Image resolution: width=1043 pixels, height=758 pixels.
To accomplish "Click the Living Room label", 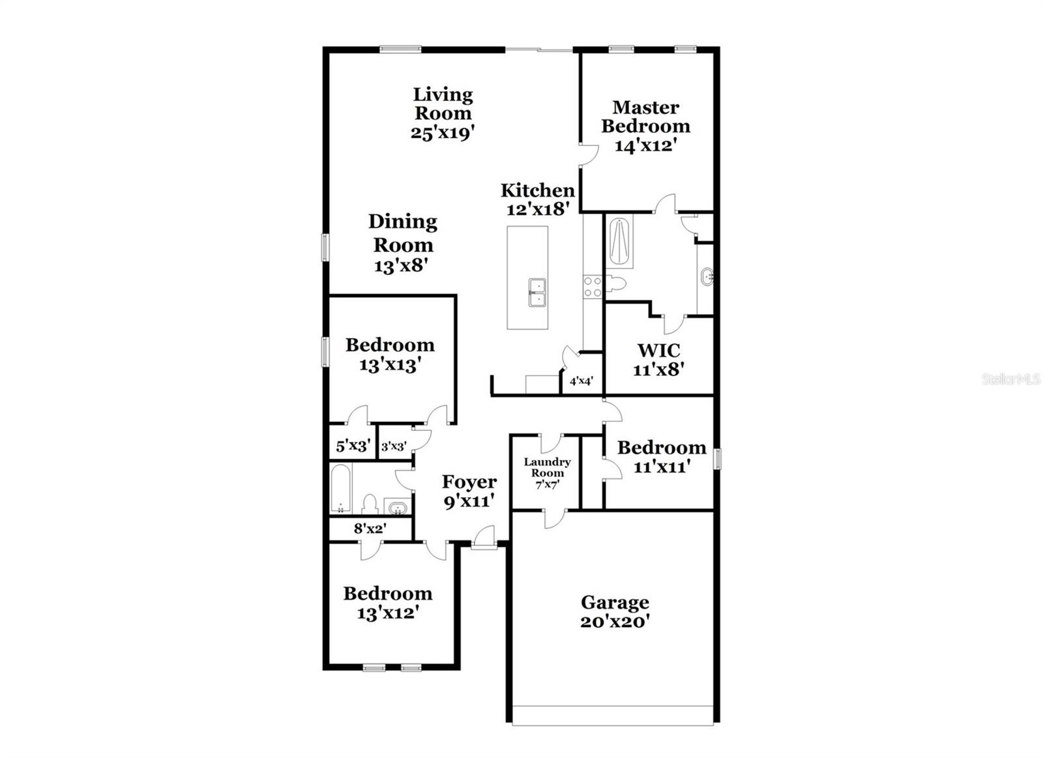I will tap(443, 104).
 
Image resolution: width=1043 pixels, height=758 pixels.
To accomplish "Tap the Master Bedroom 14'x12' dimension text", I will tap(643, 145).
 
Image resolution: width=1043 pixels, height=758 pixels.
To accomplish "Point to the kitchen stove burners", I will tap(593, 287).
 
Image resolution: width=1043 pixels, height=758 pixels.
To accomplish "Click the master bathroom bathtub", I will tap(619, 242).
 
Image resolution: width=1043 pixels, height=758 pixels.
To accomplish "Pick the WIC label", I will tap(658, 351).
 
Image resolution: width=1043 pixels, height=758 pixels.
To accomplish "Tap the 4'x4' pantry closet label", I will tap(581, 381).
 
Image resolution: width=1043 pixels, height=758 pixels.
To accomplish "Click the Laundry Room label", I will tap(547, 467).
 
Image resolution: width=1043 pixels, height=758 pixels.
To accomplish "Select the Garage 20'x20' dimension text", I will tap(614, 622).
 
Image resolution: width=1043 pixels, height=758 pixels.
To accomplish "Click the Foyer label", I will tap(469, 482).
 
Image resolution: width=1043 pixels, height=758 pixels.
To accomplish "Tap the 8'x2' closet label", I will tap(370, 529).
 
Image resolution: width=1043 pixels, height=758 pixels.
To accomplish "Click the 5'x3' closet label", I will tap(353, 446).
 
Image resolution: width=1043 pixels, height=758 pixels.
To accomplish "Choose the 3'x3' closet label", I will tap(394, 446).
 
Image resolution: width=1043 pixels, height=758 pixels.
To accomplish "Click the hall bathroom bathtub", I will tap(340, 489).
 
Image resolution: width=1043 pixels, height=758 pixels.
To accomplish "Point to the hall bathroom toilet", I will tap(370, 503).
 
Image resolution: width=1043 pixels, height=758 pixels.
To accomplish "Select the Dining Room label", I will tap(402, 233).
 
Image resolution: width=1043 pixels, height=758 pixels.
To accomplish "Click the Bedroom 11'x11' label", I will tap(661, 448).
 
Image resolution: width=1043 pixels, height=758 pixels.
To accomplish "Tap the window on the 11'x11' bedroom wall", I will tap(717, 458).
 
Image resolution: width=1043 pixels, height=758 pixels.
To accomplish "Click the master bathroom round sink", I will tap(707, 277).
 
